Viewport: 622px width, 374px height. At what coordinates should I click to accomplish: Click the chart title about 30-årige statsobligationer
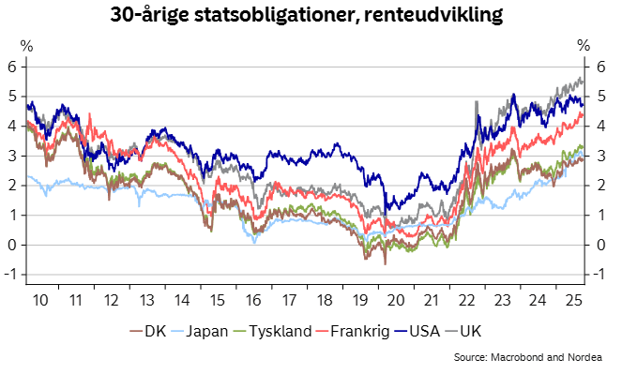[306, 15]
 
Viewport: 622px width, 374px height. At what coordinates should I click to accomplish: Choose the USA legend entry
[436, 331]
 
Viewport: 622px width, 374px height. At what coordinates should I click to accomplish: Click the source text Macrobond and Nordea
[532, 358]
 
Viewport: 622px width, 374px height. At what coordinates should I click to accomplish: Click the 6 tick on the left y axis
[11, 66]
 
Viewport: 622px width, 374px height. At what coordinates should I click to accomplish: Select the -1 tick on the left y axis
[9, 275]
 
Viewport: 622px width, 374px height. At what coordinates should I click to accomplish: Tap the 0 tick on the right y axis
[601, 245]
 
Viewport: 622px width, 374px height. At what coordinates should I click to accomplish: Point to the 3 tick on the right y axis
[601, 156]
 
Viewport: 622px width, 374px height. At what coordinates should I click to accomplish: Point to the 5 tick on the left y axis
[11, 96]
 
